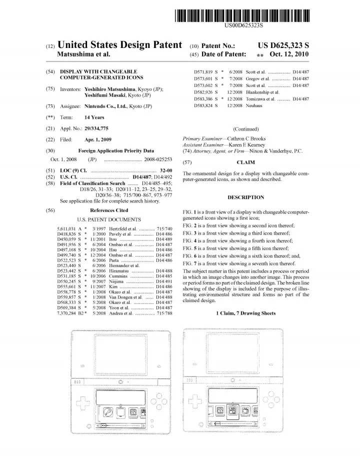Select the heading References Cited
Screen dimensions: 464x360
(109, 210)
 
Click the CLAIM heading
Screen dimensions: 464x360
(245, 162)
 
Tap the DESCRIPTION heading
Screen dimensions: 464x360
(245, 197)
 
